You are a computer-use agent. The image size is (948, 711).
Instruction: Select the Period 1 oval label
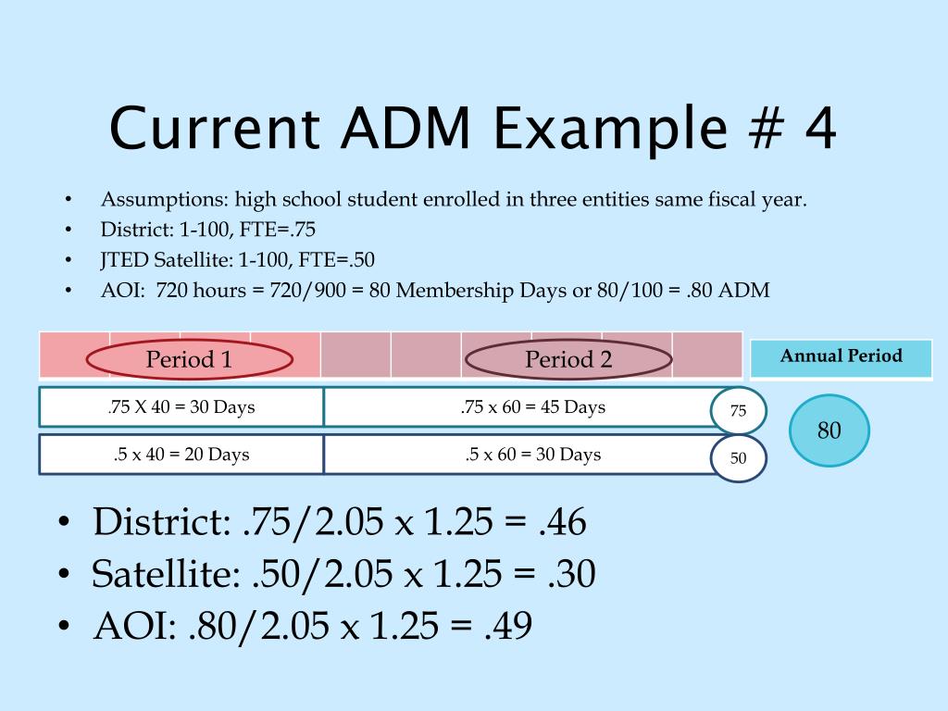(x=189, y=359)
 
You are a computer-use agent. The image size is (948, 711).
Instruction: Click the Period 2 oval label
(x=568, y=359)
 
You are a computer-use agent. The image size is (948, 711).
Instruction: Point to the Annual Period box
(x=841, y=357)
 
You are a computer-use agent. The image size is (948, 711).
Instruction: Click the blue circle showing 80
(x=829, y=430)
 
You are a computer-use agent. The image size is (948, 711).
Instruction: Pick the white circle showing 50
(x=739, y=458)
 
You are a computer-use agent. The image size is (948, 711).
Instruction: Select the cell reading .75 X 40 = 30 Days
(x=181, y=407)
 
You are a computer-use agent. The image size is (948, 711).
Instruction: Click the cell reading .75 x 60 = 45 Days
(x=533, y=407)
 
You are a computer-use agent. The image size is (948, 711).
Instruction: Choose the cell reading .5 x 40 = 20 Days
(x=181, y=455)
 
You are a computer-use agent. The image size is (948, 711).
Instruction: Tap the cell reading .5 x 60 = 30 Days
(x=533, y=455)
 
